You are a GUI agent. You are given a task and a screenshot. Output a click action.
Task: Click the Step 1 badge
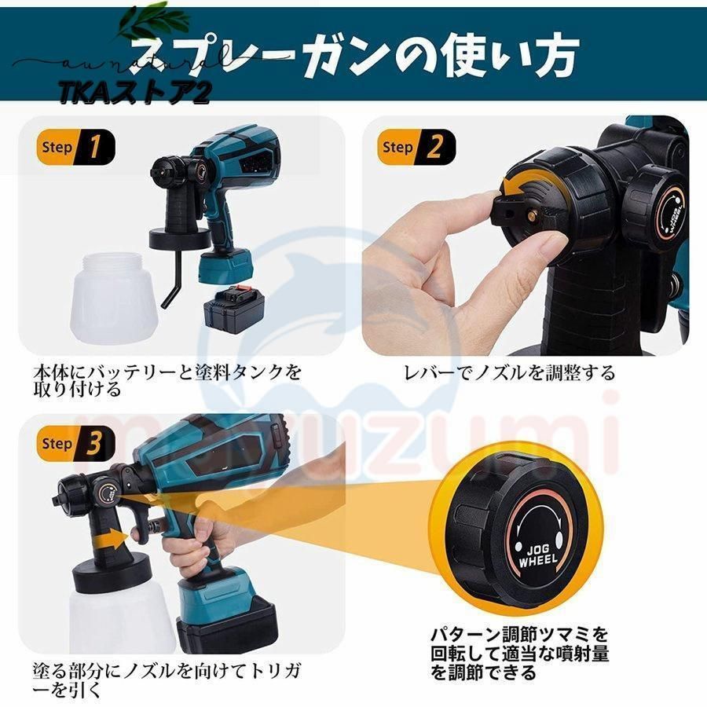point(75,147)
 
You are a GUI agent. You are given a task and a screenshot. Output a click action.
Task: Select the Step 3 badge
point(75,444)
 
